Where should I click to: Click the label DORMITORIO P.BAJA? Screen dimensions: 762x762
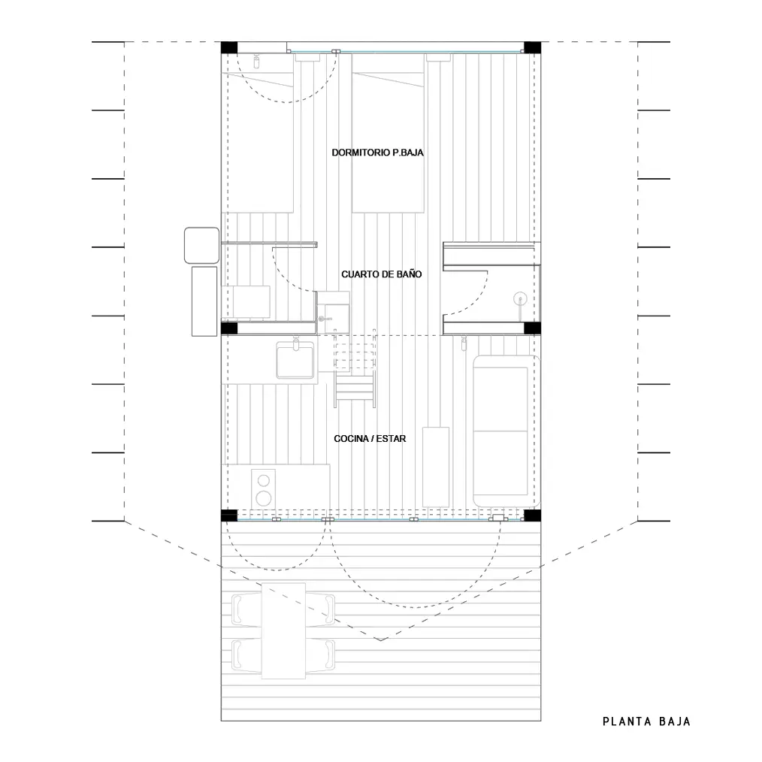click(377, 153)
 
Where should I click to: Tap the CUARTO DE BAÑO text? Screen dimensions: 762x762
click(382, 274)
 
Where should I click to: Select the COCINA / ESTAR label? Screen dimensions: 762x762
click(370, 438)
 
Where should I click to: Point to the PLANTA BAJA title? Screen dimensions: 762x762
click(646, 721)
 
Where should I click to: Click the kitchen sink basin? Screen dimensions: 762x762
click(295, 360)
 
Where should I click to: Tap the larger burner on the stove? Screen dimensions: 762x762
click(264, 498)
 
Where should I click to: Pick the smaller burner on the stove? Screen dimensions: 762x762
click(264, 481)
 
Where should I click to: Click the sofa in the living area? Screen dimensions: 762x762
click(506, 431)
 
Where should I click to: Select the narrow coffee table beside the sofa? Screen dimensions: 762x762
click(435, 467)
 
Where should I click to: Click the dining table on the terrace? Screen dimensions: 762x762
click(283, 630)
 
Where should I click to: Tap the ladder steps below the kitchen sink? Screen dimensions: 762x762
click(355, 389)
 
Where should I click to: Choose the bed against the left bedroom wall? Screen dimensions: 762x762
click(258, 133)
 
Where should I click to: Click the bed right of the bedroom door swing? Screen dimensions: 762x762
click(388, 133)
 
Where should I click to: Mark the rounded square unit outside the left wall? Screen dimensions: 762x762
click(201, 246)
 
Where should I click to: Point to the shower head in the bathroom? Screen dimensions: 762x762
click(520, 298)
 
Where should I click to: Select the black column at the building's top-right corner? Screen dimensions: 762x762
click(532, 47)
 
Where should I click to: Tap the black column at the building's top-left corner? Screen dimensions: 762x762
click(229, 47)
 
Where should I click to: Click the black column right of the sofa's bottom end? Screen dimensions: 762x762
click(532, 515)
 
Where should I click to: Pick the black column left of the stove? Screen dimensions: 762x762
click(229, 515)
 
